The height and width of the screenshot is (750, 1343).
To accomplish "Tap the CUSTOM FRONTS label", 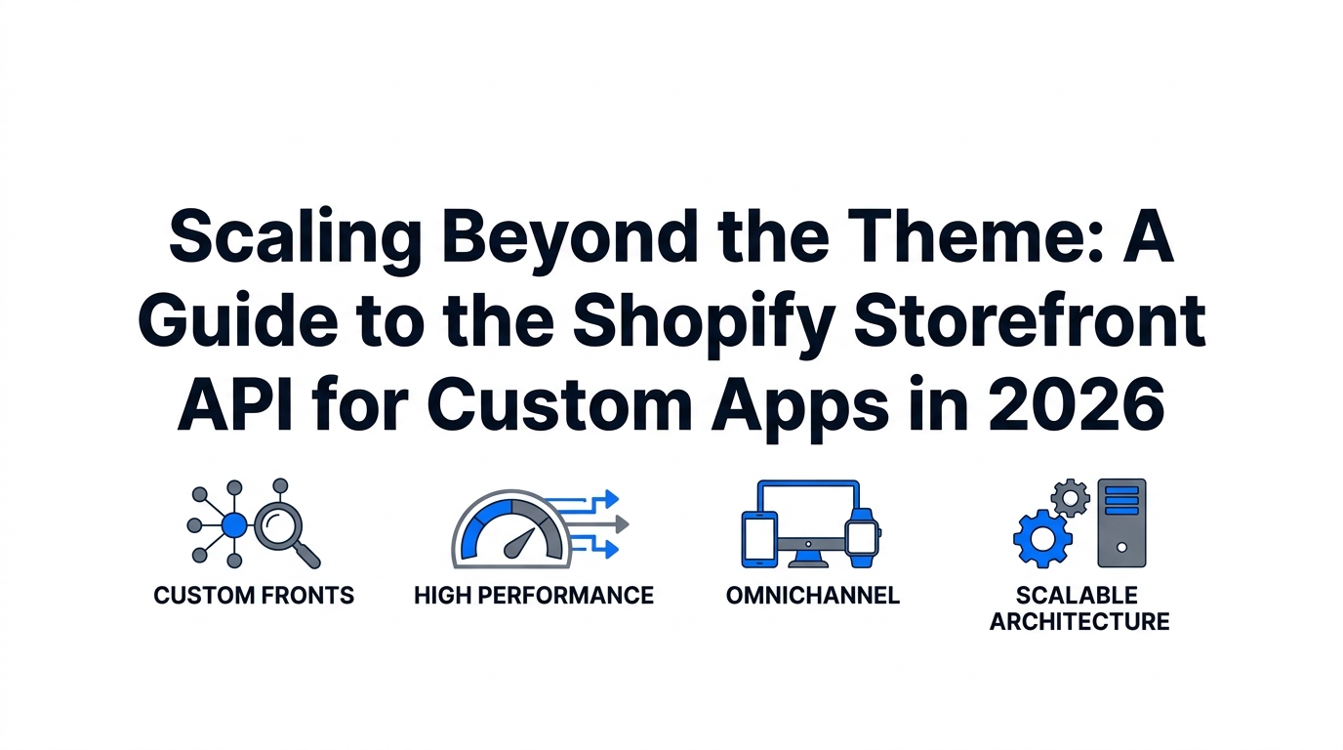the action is tap(254, 595).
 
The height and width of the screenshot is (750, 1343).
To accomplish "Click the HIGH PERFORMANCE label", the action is tap(534, 595).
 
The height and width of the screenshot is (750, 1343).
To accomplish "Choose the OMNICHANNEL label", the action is tap(813, 595).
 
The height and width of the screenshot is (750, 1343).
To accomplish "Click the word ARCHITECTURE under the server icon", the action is tap(1079, 622).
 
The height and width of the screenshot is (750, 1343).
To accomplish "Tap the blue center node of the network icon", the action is tap(234, 525).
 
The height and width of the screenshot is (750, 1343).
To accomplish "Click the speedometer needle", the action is tap(519, 543).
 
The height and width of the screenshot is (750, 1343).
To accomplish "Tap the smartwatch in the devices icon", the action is tap(862, 538).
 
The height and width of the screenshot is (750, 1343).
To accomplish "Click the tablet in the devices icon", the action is tap(759, 539).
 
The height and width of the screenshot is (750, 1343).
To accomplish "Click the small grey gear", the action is tap(1071, 498).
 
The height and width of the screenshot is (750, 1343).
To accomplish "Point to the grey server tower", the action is tap(1121, 522).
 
